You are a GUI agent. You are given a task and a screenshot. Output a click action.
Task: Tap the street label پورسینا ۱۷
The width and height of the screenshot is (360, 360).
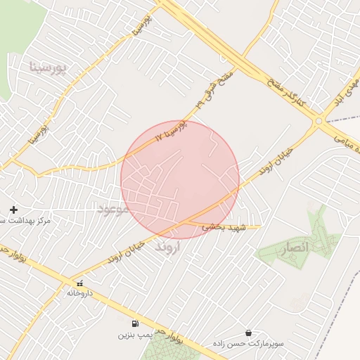click(173, 129)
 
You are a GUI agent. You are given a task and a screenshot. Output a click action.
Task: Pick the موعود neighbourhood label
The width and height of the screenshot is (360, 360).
click(112, 209)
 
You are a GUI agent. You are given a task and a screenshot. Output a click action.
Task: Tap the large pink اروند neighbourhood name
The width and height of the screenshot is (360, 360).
click(169, 247)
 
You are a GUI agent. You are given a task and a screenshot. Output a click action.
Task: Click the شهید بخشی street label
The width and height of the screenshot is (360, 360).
click(223, 227)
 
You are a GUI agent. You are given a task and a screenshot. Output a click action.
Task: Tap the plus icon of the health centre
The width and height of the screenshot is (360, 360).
click(13, 210)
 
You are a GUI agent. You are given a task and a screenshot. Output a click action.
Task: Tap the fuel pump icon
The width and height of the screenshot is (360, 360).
click(134, 324)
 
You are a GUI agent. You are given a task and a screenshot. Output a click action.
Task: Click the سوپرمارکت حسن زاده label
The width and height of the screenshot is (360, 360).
click(250, 344)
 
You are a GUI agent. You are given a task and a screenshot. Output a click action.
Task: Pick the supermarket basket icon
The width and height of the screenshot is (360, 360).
click(248, 333)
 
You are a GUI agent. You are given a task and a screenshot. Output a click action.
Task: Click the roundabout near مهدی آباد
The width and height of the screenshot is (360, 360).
click(319, 121)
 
